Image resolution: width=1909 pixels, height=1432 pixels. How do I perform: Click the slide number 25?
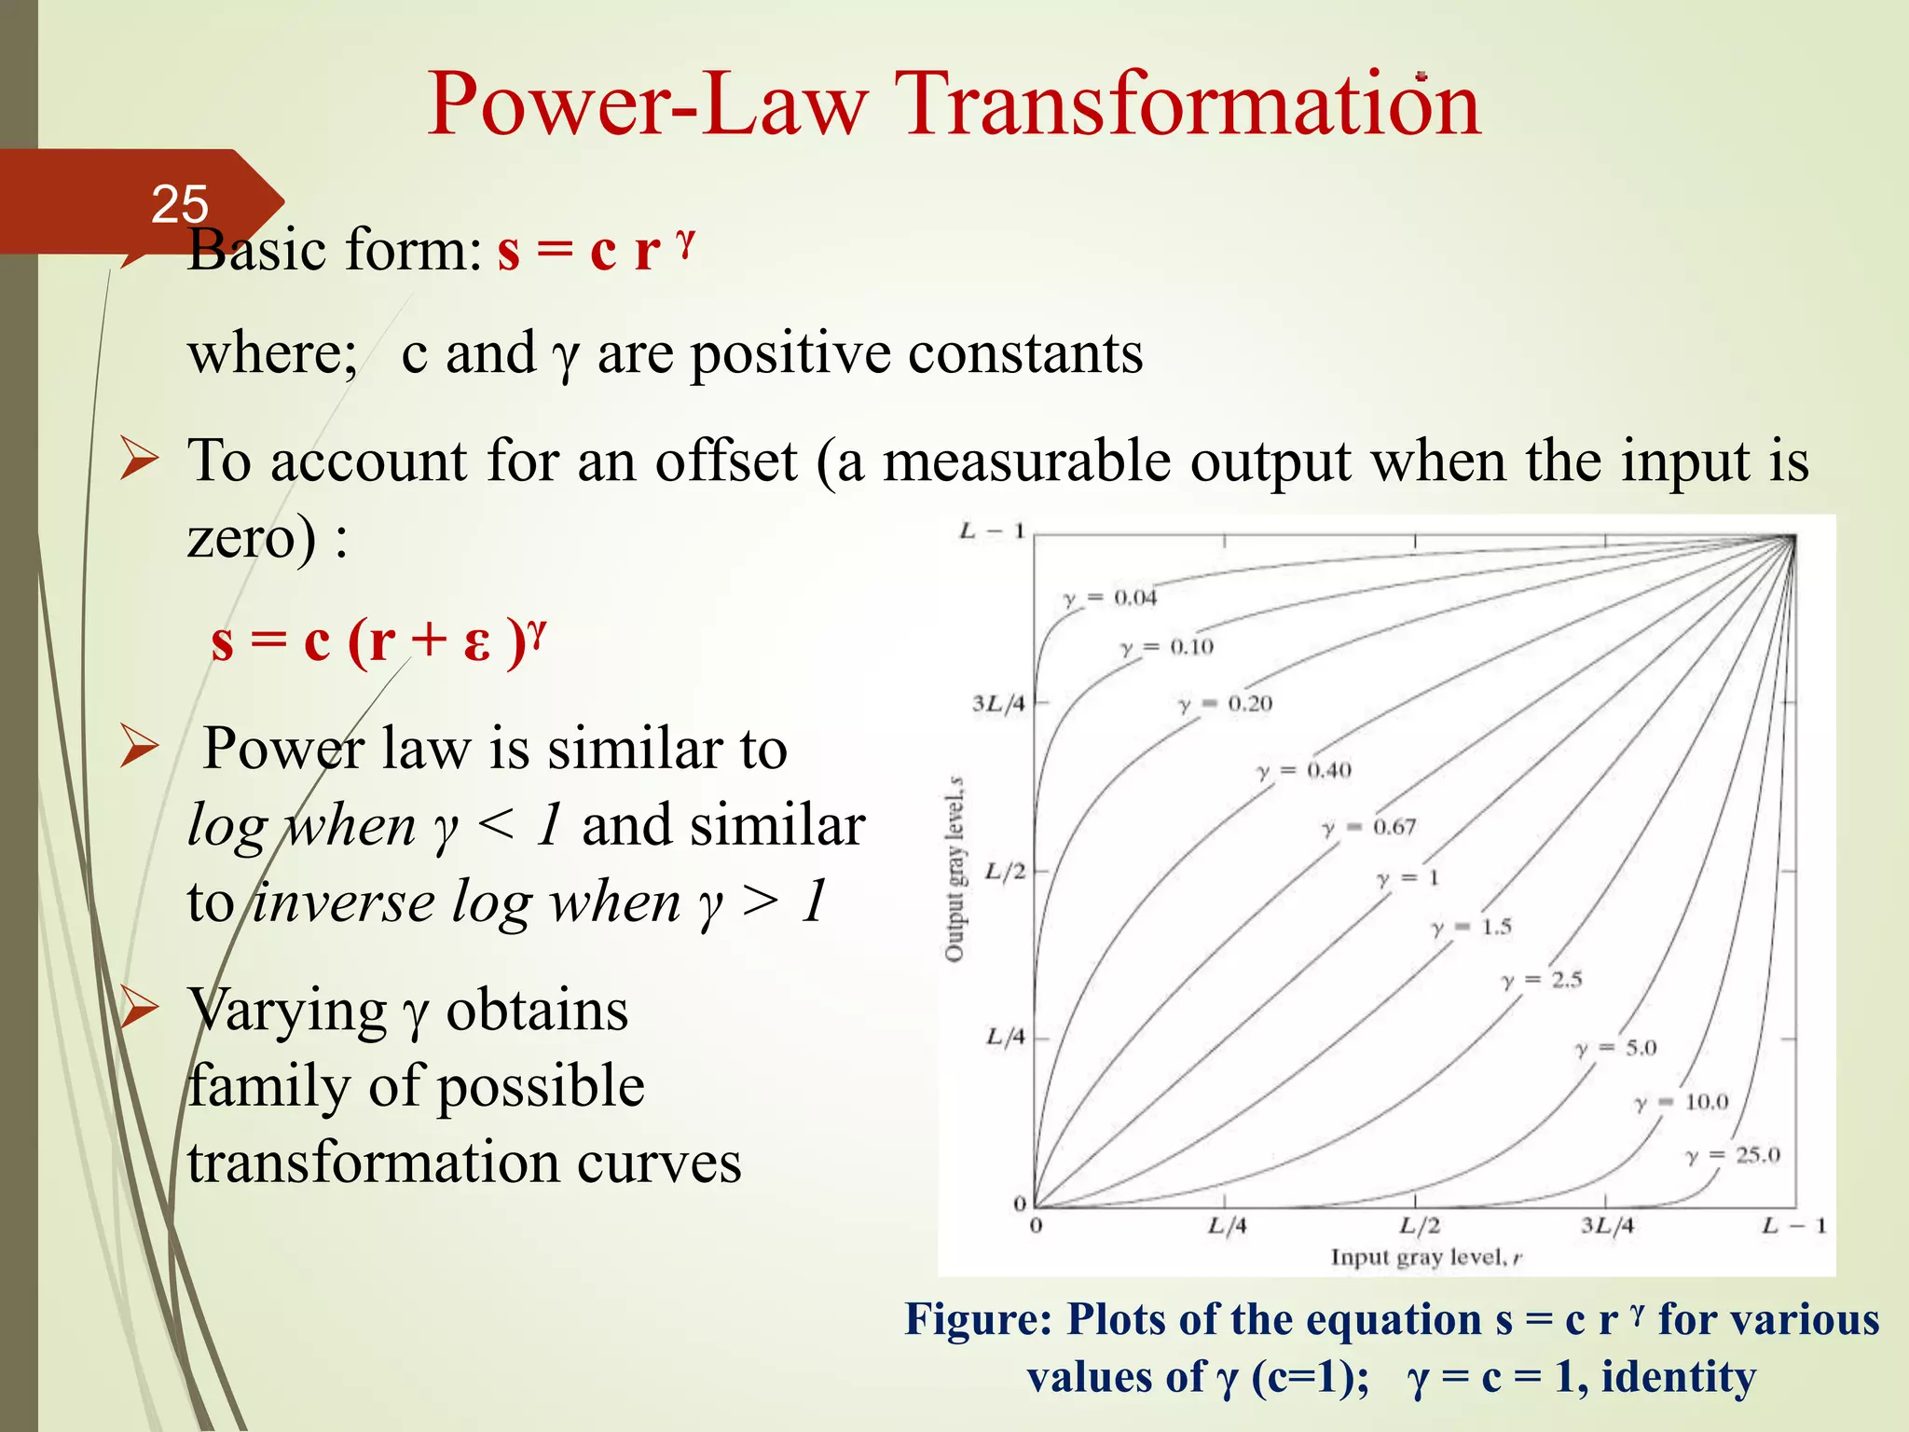pos(180,204)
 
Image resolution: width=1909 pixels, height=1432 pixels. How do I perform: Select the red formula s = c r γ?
pos(597,250)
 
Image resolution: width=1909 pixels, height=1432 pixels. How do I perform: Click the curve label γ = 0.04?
pos(1110,598)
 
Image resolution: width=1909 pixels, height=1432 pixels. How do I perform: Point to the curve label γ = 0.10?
pos(1167,647)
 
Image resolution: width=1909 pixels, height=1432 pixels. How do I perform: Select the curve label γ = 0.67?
pos(1369,827)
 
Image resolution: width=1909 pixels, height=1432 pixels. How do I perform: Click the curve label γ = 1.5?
pos(1472,927)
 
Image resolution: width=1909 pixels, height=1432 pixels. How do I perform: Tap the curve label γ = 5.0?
pos(1616,1048)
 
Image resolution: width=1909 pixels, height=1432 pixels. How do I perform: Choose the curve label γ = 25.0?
pos(1733,1155)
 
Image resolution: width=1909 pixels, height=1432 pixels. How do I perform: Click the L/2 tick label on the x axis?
pos(1420,1225)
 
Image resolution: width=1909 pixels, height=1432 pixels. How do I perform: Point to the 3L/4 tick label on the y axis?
pos(998,703)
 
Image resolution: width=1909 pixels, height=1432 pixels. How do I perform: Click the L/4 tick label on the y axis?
pos(1005,1037)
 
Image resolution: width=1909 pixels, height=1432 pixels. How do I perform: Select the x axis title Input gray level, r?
pos(1425,1258)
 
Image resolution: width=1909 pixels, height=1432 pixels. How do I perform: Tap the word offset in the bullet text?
pos(726,461)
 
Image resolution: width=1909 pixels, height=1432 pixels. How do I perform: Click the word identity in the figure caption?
pos(1678,1377)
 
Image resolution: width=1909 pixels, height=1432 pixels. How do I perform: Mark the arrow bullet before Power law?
pos(139,749)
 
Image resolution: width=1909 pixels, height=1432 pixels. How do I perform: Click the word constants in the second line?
pos(1024,353)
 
